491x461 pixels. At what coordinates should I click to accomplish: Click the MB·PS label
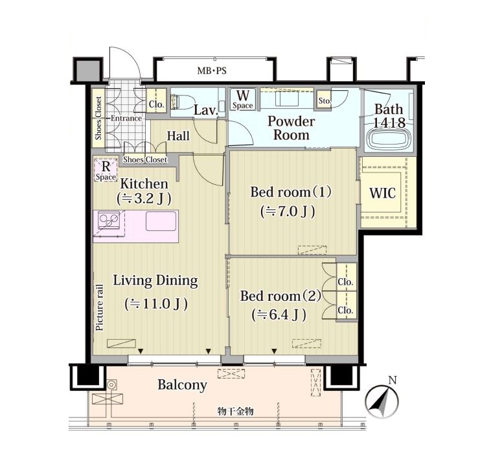pyautogui.click(x=212, y=71)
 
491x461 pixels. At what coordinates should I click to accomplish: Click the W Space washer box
pyautogui.click(x=243, y=100)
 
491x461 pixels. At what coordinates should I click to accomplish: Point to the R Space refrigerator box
pyautogui.click(x=106, y=171)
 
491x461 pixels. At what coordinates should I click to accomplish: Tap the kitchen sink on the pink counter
pyautogui.click(x=161, y=221)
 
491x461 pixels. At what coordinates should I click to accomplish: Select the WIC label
pyautogui.click(x=382, y=193)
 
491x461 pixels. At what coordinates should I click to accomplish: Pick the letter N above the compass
pyautogui.click(x=393, y=381)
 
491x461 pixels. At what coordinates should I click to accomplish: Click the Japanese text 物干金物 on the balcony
pyautogui.click(x=236, y=411)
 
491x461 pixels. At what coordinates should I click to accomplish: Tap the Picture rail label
pyautogui.click(x=100, y=307)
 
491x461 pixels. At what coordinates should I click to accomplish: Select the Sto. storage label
pyautogui.click(x=325, y=101)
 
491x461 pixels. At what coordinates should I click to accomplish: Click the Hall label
pyautogui.click(x=178, y=136)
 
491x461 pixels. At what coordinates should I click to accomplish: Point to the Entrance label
pyautogui.click(x=126, y=119)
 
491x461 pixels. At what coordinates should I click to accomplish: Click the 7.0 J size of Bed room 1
pyautogui.click(x=288, y=212)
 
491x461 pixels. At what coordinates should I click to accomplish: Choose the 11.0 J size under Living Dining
pyautogui.click(x=156, y=303)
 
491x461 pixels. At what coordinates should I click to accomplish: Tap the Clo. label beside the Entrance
pyautogui.click(x=157, y=104)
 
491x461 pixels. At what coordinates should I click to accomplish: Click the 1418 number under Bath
pyautogui.click(x=389, y=123)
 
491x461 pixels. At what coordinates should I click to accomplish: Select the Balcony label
pyautogui.click(x=182, y=385)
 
